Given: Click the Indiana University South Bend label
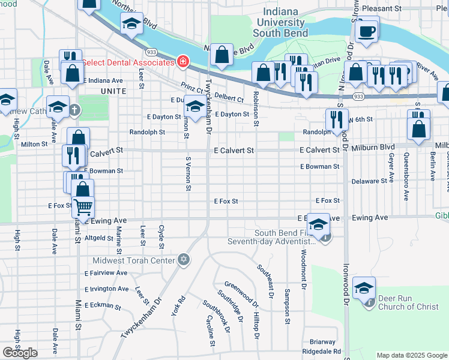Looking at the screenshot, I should tap(281, 22).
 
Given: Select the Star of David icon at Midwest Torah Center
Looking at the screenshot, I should tap(184, 260).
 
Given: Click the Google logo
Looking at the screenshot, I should tap(20, 353).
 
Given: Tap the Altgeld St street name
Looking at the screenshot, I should tap(99, 238).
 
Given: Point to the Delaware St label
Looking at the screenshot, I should tap(369, 181).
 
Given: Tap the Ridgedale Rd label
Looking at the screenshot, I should tap(321, 352).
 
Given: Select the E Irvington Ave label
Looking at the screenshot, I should tap(106, 289).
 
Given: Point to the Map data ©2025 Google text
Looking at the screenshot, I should tap(411, 355).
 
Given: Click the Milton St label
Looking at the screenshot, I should tap(34, 144).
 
